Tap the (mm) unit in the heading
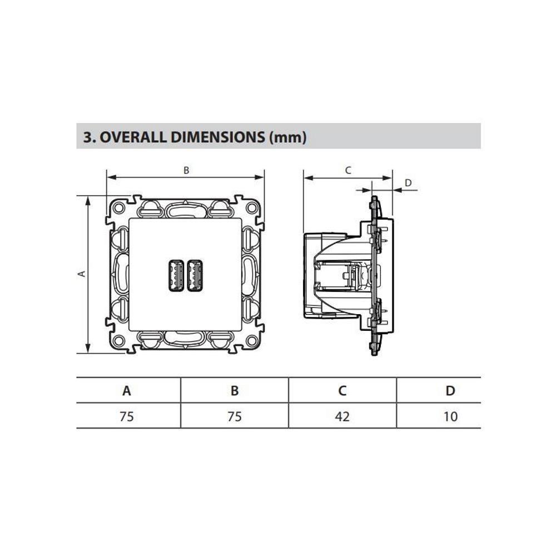coord(287,137)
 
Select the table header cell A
coord(127,390)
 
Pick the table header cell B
coord(235,390)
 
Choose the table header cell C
coord(342,390)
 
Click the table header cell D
coord(450,390)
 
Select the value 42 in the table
coord(342,416)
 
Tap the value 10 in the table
coord(450,416)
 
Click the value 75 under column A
coord(127,416)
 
